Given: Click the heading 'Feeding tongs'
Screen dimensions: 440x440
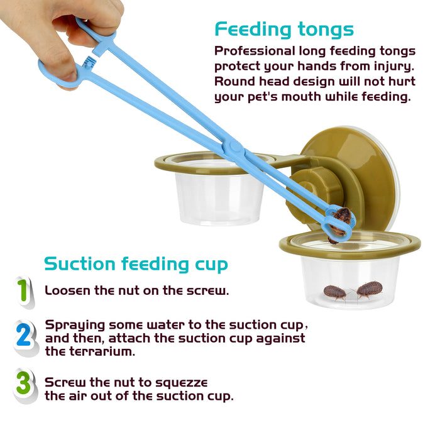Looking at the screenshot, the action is click(x=284, y=30).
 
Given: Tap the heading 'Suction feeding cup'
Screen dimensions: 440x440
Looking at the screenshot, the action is click(x=136, y=264).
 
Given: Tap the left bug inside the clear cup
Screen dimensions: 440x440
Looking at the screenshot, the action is click(x=335, y=292).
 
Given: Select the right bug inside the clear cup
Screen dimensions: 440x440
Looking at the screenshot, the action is click(x=368, y=290).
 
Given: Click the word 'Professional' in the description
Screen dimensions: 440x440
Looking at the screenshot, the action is click(x=255, y=51).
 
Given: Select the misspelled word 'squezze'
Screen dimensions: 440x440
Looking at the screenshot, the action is click(x=182, y=383).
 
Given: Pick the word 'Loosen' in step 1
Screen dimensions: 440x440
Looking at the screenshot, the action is click(x=67, y=290).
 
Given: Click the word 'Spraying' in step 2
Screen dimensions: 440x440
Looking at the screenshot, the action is click(x=75, y=326).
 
